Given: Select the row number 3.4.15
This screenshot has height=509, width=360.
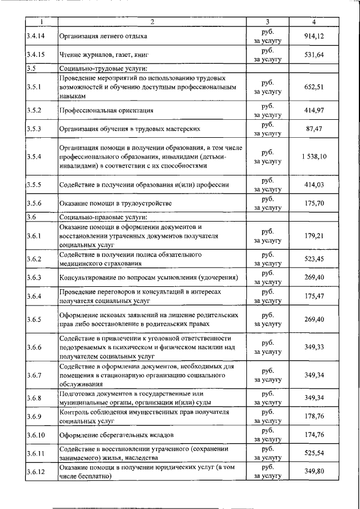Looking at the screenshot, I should (x=35, y=55).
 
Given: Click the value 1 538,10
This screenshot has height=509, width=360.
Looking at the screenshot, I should (x=314, y=156).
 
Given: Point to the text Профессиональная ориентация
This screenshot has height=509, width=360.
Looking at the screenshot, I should (x=106, y=110).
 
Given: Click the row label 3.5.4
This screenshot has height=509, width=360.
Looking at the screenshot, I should (x=34, y=156).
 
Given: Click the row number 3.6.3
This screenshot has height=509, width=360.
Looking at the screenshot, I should (x=34, y=277).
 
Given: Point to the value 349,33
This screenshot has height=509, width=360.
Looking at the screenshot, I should (x=314, y=347).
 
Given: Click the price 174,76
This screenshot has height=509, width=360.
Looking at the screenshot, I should (x=314, y=435).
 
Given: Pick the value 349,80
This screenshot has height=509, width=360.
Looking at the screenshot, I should (x=314, y=471).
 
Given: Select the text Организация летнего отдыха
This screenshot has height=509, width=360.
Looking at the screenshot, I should (x=103, y=37).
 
